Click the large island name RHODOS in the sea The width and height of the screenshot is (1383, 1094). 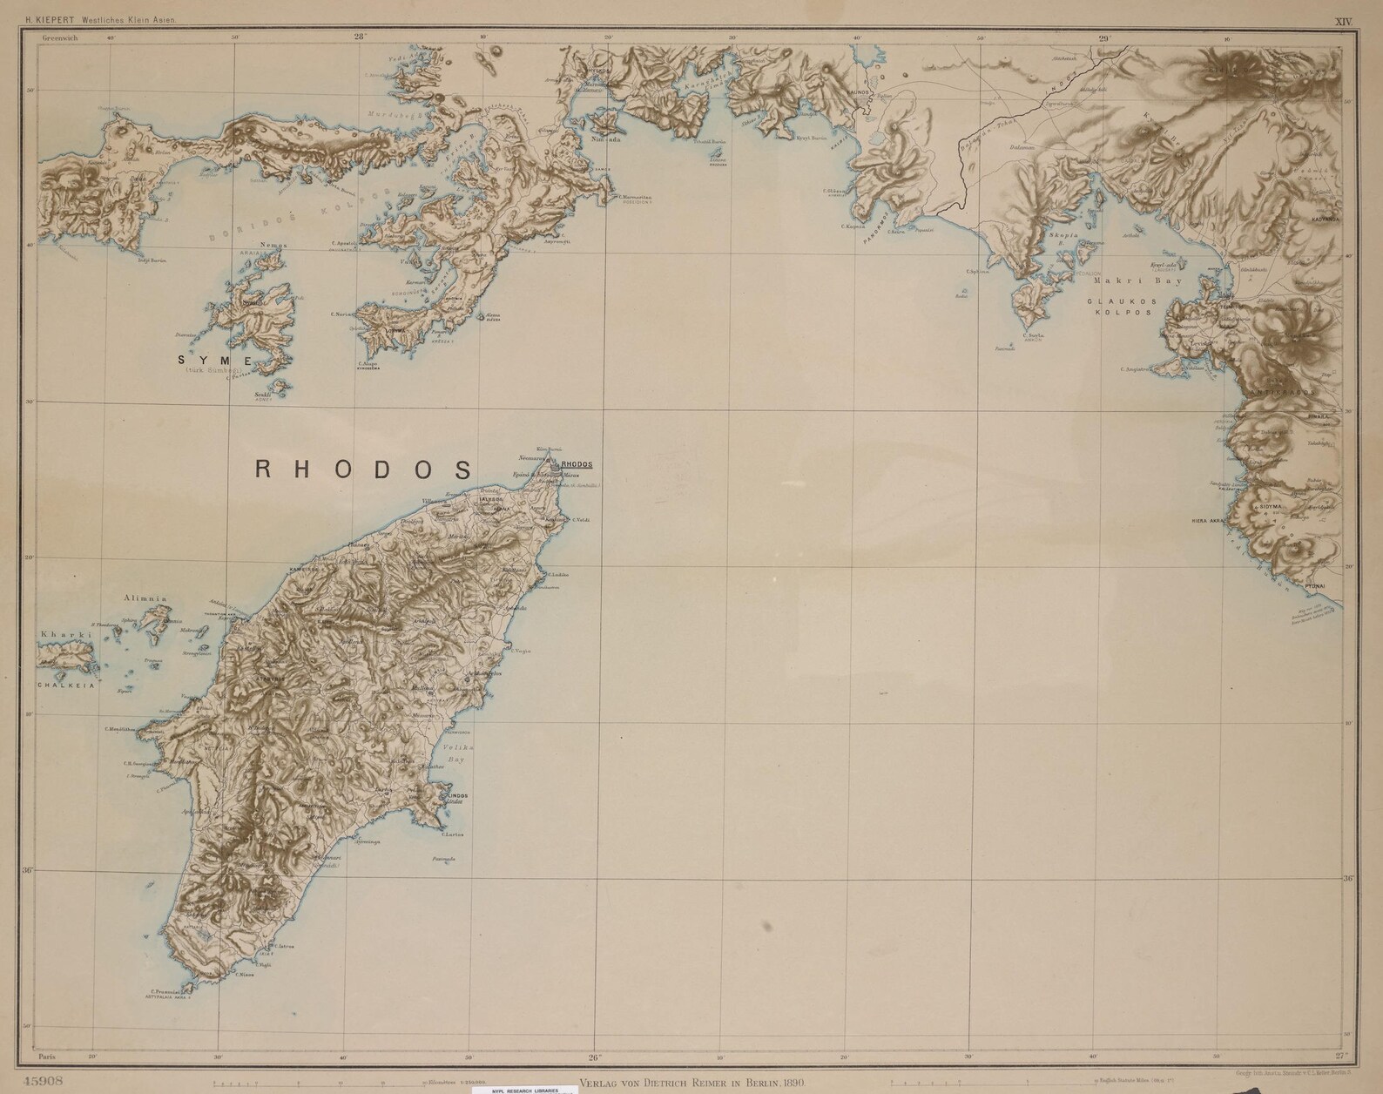coord(363,469)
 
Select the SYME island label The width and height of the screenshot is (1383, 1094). coord(214,360)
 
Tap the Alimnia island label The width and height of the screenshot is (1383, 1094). coord(145,598)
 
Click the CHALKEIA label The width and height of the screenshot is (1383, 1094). coord(64,685)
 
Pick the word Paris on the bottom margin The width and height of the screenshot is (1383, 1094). coord(48,1057)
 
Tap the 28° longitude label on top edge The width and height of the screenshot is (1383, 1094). coord(360,37)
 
